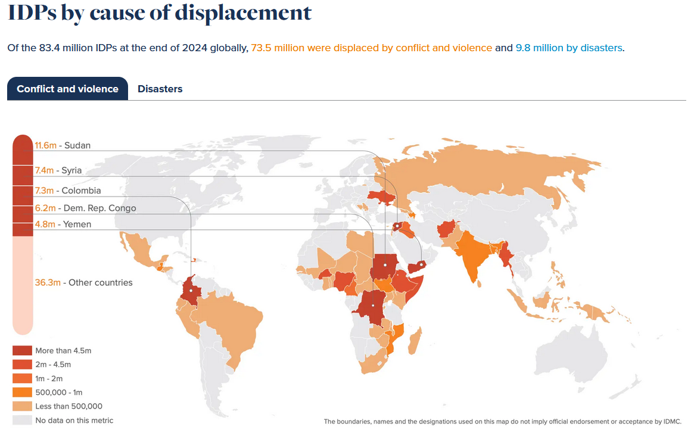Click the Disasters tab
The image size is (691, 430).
click(x=160, y=89)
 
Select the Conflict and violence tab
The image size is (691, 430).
click(x=67, y=89)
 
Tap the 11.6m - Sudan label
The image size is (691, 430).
click(x=63, y=145)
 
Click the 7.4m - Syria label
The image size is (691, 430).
click(x=58, y=170)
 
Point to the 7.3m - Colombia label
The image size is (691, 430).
click(x=68, y=191)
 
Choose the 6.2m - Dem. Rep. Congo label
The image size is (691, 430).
click(x=85, y=208)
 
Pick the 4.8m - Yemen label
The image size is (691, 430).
click(x=63, y=224)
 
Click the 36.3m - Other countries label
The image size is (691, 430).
click(x=83, y=282)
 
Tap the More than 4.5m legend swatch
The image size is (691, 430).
click(x=22, y=350)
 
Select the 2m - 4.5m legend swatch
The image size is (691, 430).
click(x=22, y=364)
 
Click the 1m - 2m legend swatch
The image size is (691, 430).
click(x=22, y=378)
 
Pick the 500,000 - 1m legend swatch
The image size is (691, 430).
click(x=22, y=392)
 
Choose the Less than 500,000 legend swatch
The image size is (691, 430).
click(x=22, y=406)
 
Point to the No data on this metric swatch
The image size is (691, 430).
click(x=22, y=420)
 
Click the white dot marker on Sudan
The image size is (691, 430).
click(x=385, y=264)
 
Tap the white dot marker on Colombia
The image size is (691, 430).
click(x=191, y=291)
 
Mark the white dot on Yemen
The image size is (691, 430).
click(x=421, y=263)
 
